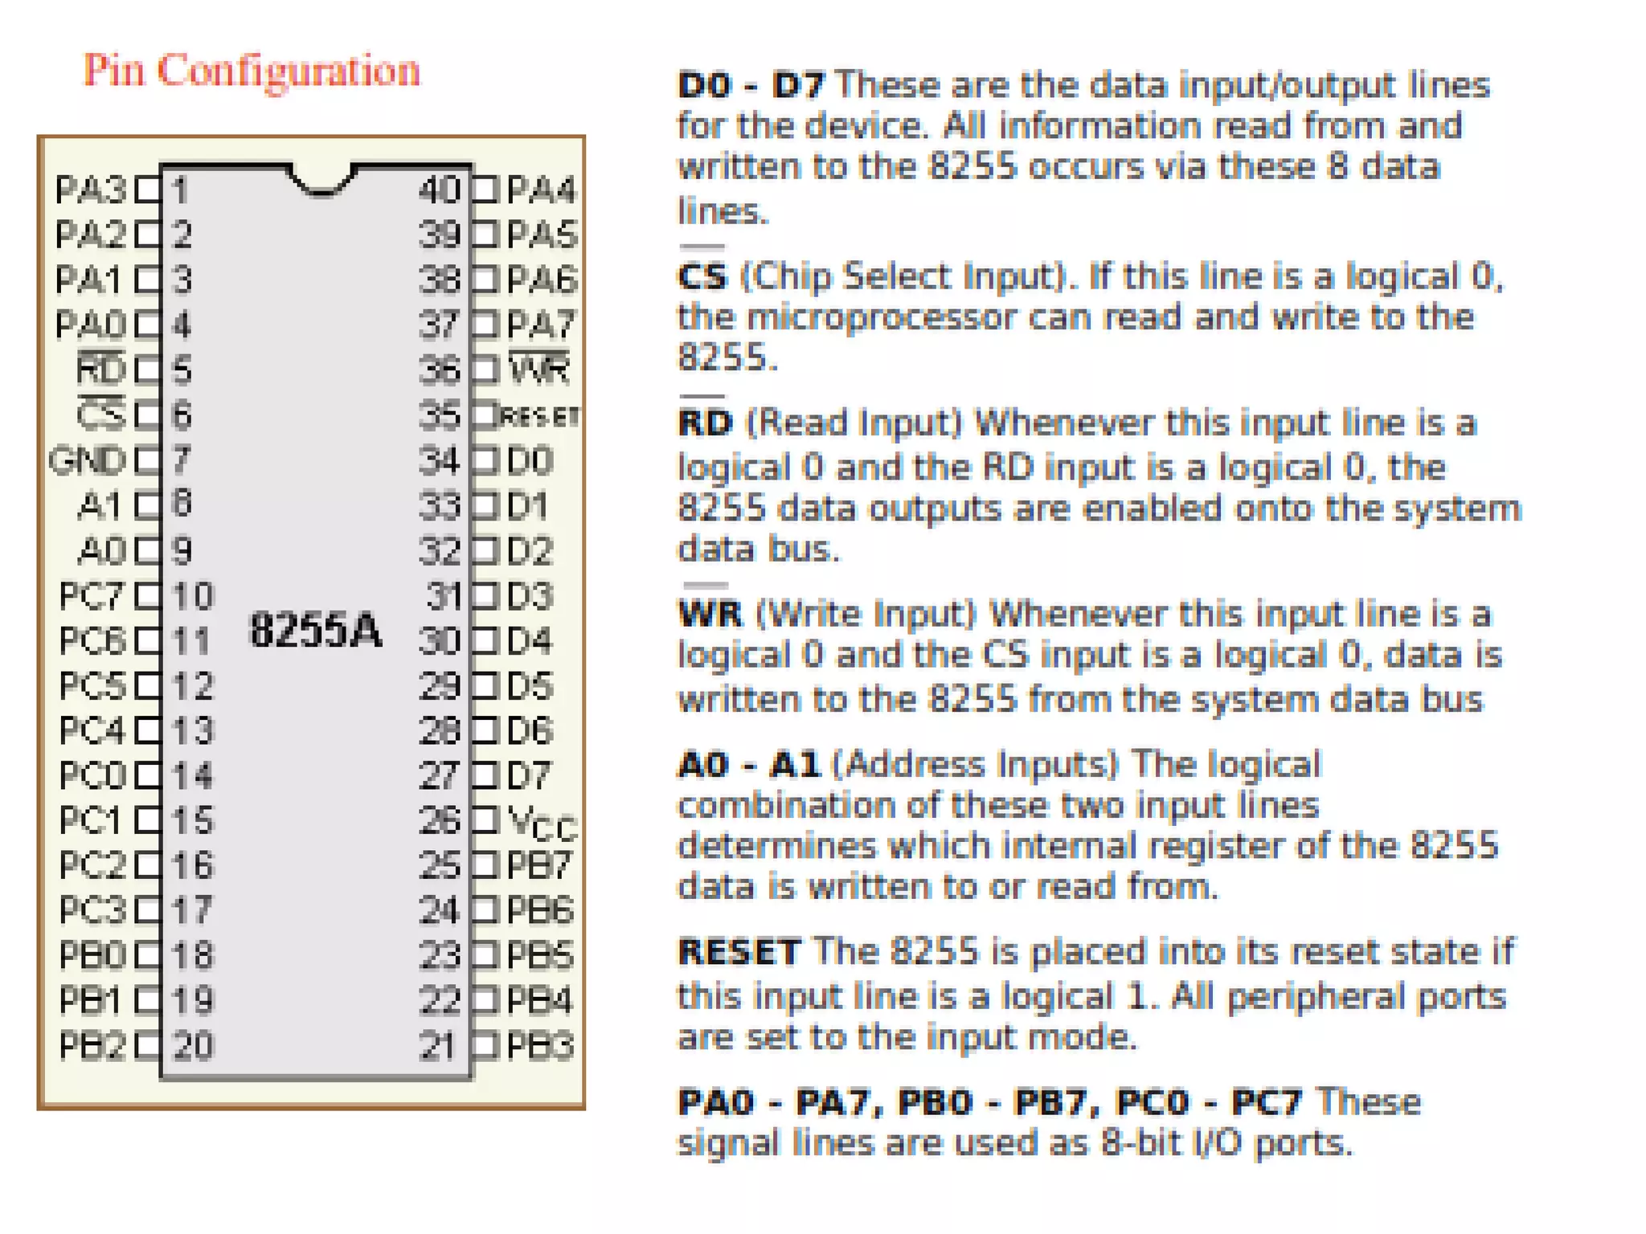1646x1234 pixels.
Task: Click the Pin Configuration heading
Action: tap(252, 71)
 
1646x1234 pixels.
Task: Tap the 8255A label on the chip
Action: tap(315, 629)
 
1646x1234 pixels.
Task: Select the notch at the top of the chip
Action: tap(321, 182)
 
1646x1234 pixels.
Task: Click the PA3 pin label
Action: tap(91, 190)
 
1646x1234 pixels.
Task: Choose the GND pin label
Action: tap(88, 461)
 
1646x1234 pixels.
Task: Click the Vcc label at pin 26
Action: tap(543, 823)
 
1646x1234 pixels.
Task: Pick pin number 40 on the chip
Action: tap(440, 190)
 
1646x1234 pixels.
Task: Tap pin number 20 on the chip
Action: tap(194, 1045)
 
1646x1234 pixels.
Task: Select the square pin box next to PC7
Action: tap(148, 596)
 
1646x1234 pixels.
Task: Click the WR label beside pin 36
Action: tap(539, 370)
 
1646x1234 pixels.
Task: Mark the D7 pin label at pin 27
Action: tap(530, 775)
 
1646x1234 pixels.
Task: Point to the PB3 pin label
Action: tap(540, 1045)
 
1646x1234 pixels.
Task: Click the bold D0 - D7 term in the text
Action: tap(751, 85)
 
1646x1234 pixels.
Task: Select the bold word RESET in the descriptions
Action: tap(739, 952)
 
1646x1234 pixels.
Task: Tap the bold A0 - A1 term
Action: tap(748, 764)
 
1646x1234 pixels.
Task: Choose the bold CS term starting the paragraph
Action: tap(702, 276)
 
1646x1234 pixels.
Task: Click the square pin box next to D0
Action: tap(485, 461)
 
